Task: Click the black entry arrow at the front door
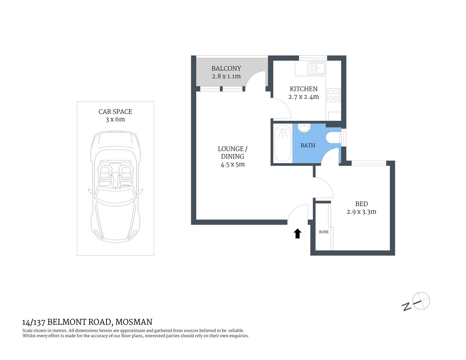tap(297, 234)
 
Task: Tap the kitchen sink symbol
tap(317, 68)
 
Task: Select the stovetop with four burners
tap(333, 95)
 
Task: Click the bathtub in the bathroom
tap(282, 144)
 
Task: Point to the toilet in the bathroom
tap(333, 138)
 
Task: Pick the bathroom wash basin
tap(304, 129)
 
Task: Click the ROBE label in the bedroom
tap(324, 232)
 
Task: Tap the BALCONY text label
tap(226, 68)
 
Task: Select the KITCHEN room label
tap(304, 89)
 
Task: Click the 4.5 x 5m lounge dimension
tap(233, 164)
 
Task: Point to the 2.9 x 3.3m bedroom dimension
tap(361, 212)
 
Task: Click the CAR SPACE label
tap(115, 111)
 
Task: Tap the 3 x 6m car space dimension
tap(115, 120)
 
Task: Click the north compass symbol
tap(421, 301)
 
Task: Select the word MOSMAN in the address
tap(134, 322)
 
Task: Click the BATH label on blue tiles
tap(308, 145)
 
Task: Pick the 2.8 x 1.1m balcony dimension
tap(226, 76)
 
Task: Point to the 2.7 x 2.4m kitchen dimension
tap(304, 97)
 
